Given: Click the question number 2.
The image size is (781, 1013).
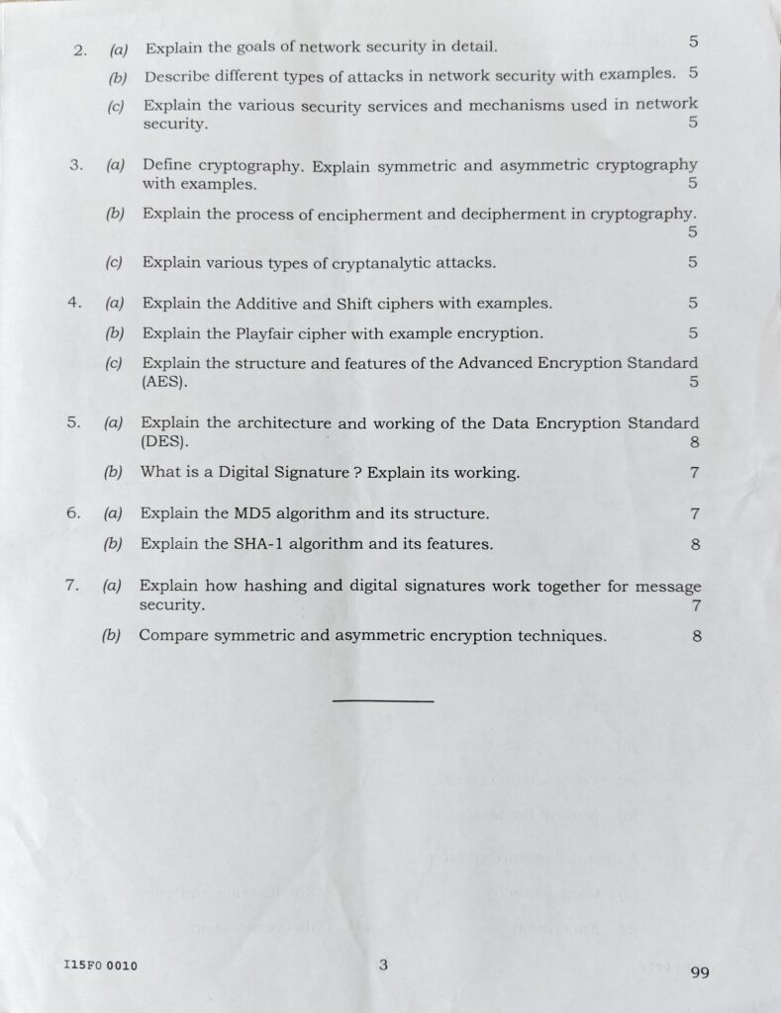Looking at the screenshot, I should tap(80, 48).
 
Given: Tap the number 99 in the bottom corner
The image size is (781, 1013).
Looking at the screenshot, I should tap(699, 972).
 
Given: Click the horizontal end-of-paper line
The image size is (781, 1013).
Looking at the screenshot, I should tap(383, 700).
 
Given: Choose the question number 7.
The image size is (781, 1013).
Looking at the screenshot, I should tap(71, 585).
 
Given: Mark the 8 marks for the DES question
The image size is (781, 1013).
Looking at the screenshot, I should tap(695, 443).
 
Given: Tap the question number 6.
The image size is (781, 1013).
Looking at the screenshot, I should tap(72, 512).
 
